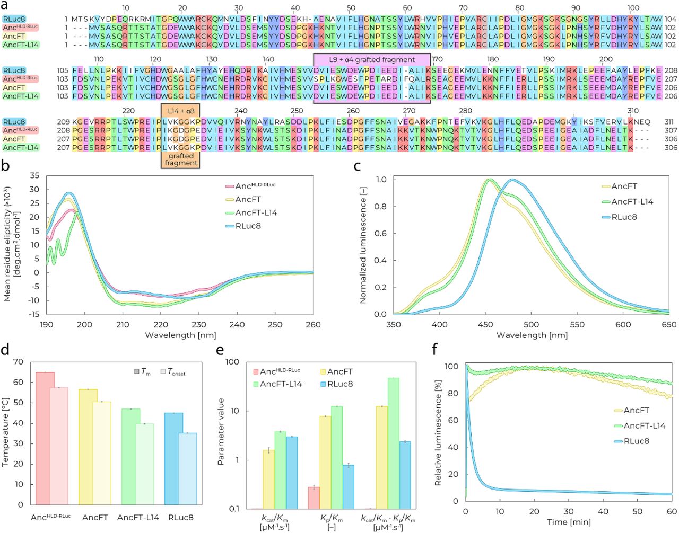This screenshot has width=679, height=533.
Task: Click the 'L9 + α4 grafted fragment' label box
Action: coord(371,59)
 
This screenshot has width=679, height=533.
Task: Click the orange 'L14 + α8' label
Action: coord(181,111)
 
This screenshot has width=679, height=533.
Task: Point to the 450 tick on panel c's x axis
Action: coord(485,325)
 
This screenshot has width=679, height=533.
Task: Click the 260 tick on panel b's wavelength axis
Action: coord(313,325)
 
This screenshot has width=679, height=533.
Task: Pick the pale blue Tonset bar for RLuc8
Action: coord(187,468)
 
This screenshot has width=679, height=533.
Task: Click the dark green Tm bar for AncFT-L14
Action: coord(131,456)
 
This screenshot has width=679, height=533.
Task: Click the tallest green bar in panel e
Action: coord(393,443)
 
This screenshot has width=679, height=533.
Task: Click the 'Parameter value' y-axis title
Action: coord(221,431)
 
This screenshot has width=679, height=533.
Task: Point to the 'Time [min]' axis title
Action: coord(569,522)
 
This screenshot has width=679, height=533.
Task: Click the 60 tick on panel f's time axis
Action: coord(672,512)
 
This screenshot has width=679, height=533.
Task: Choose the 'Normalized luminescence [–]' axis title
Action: coord(363,247)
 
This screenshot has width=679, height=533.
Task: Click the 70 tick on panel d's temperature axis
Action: coord(19,362)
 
